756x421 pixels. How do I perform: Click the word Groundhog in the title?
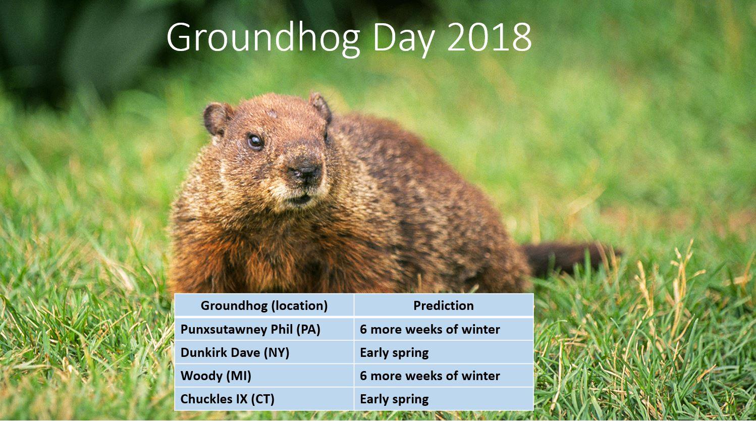263,38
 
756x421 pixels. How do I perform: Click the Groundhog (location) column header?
264,305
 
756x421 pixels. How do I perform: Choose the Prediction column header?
444,305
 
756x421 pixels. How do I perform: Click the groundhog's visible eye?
255,141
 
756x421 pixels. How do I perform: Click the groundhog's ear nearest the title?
320,107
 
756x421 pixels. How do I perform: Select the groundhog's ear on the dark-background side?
217,119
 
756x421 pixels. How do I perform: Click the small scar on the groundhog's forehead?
272,114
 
